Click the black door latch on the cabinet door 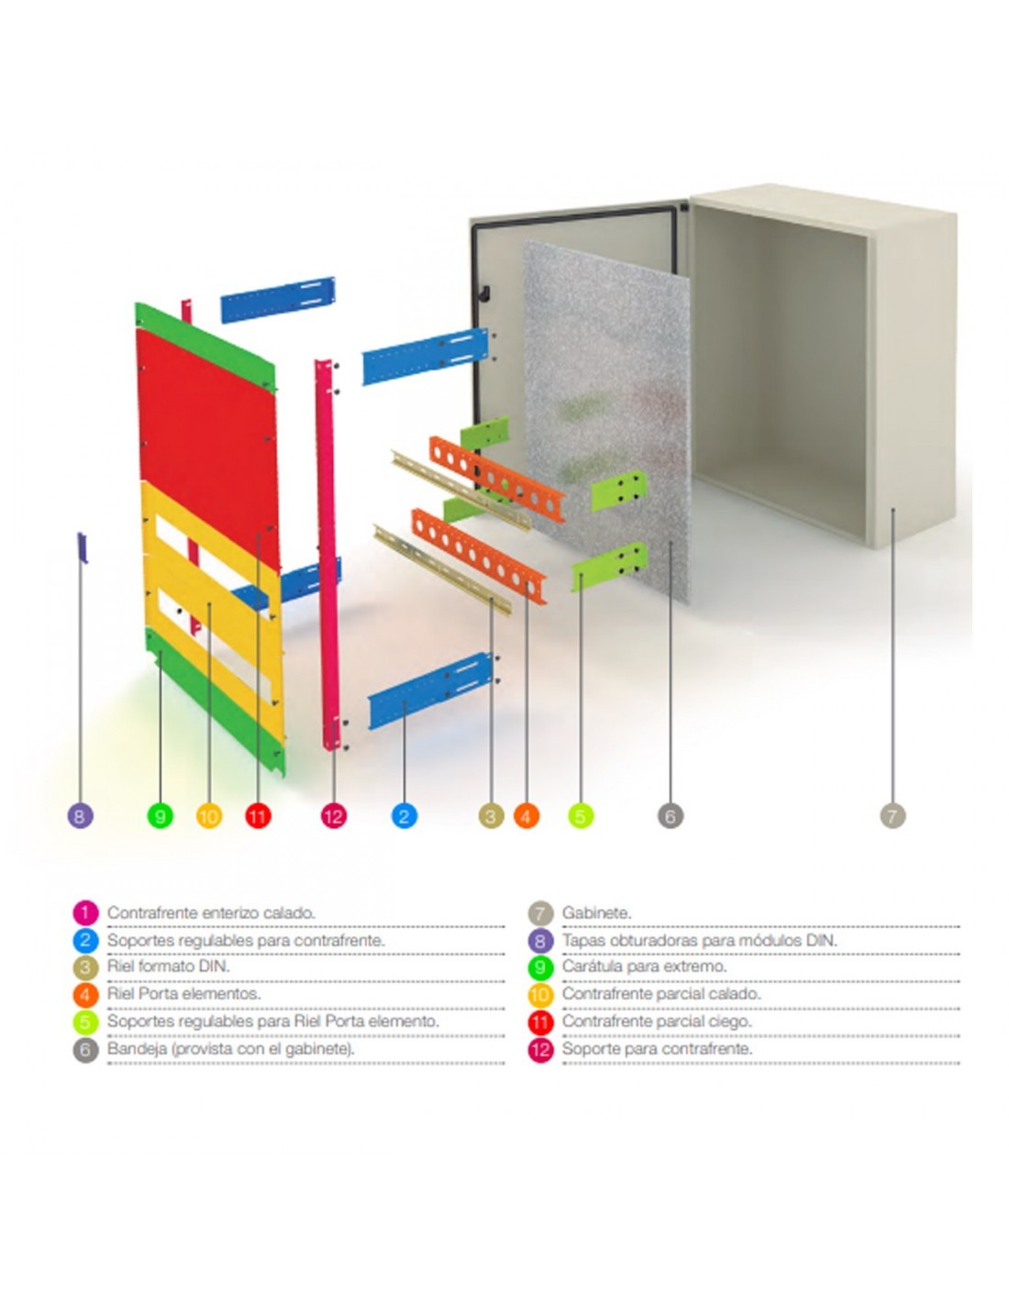coord(484,293)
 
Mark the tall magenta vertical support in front coord(327,552)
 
